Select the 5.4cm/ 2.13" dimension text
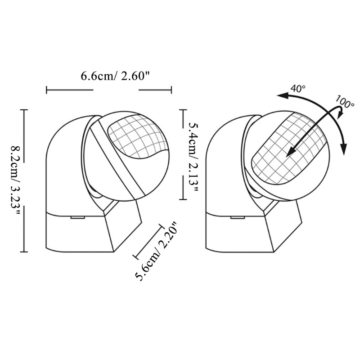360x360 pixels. pyautogui.click(x=193, y=157)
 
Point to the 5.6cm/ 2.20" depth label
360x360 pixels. pyautogui.click(x=157, y=252)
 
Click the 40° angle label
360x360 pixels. pyautogui.click(x=298, y=88)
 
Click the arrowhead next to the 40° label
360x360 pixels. pyautogui.click(x=282, y=95)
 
